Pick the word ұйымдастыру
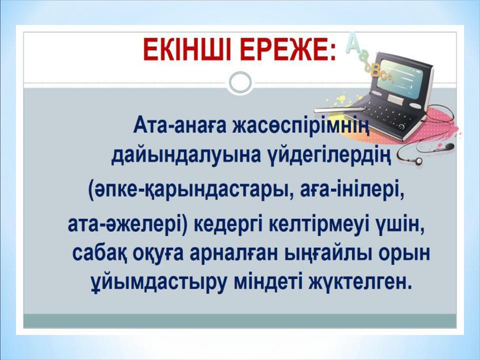[x=149, y=280]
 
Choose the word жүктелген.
[x=360, y=280]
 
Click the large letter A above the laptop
[x=354, y=43]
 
